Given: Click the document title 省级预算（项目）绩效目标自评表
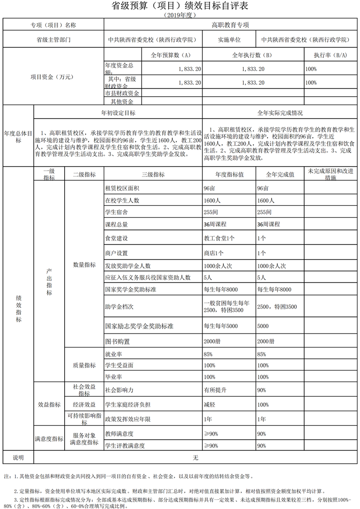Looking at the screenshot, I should pyautogui.click(x=180, y=6).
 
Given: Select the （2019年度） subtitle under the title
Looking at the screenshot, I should pyautogui.click(x=180, y=16).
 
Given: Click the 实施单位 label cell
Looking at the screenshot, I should pyautogui.click(x=229, y=39).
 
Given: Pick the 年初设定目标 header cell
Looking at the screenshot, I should pyautogui.click(x=118, y=113).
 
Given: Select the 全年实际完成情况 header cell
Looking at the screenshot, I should pyautogui.click(x=280, y=113).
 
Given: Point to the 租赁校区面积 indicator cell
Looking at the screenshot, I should pyautogui.click(x=122, y=188).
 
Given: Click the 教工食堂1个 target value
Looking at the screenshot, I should pyautogui.click(x=219, y=238).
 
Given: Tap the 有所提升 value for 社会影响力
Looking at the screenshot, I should pyautogui.click(x=215, y=390).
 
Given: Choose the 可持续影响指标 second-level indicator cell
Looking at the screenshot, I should pyautogui.click(x=84, y=419).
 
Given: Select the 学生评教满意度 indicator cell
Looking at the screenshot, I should pyautogui.click(x=126, y=445).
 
